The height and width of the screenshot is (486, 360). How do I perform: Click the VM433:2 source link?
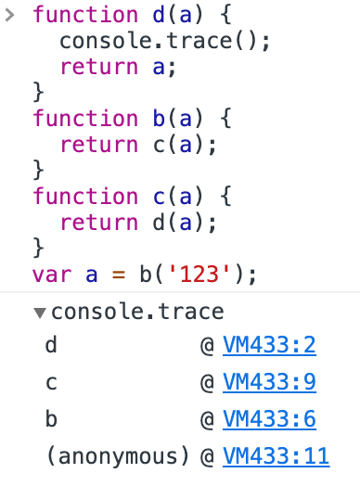pyautogui.click(x=270, y=346)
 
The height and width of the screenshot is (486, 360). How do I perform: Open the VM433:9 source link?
pyautogui.click(x=270, y=383)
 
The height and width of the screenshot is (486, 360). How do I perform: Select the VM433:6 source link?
pyautogui.click(x=270, y=419)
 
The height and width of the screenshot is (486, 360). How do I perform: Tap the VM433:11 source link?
pyautogui.click(x=276, y=456)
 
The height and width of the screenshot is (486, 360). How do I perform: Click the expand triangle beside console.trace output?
pyautogui.click(x=39, y=313)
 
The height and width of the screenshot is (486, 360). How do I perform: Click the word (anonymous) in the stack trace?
pyautogui.click(x=117, y=456)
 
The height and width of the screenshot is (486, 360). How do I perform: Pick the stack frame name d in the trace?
pyautogui.click(x=51, y=346)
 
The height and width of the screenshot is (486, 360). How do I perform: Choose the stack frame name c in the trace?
pyautogui.click(x=51, y=383)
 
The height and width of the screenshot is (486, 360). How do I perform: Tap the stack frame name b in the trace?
pyautogui.click(x=51, y=419)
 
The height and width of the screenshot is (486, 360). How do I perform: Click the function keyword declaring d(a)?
pyautogui.click(x=84, y=16)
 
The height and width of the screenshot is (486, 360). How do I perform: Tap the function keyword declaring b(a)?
pyautogui.click(x=84, y=119)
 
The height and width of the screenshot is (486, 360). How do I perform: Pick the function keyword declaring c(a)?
pyautogui.click(x=84, y=197)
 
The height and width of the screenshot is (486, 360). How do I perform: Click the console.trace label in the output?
pyautogui.click(x=137, y=313)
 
